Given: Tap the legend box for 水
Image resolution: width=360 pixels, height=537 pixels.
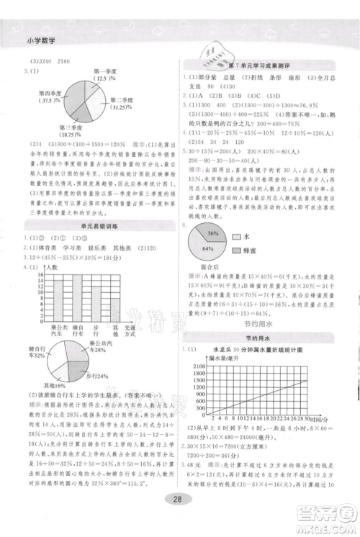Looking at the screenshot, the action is coord(240,235).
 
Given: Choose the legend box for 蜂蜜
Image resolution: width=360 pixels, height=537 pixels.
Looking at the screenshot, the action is coord(240,251).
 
